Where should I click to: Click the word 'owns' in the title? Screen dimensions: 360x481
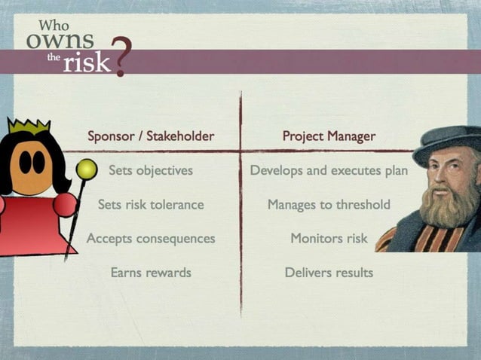pyautogui.click(x=60, y=40)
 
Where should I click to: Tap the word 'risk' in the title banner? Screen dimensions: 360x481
pyautogui.click(x=86, y=63)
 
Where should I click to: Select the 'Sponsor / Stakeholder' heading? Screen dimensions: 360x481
pyautogui.click(x=151, y=136)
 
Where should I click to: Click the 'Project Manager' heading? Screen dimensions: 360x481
pyautogui.click(x=329, y=136)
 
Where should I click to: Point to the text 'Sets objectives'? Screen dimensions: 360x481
pyautogui.click(x=151, y=170)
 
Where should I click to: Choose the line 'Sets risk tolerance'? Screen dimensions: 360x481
pyautogui.click(x=151, y=204)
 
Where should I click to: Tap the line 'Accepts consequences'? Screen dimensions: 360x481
pyautogui.click(x=151, y=238)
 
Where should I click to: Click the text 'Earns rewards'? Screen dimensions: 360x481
pyautogui.click(x=151, y=272)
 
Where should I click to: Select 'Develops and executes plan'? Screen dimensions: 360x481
pyautogui.click(x=329, y=170)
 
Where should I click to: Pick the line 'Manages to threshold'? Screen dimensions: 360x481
pyautogui.click(x=329, y=204)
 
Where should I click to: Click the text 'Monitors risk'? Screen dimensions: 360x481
pyautogui.click(x=329, y=238)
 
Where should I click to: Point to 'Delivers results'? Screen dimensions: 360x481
pyautogui.click(x=329, y=272)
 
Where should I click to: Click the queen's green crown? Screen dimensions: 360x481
pyautogui.click(x=29, y=126)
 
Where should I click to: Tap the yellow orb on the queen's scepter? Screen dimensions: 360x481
pyautogui.click(x=87, y=169)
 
